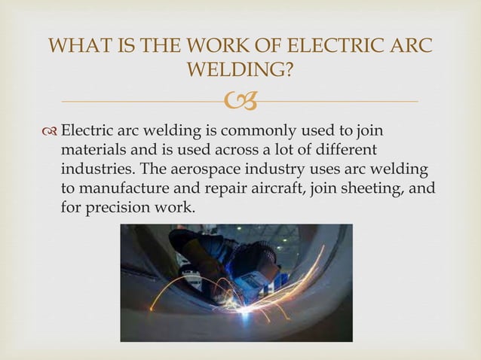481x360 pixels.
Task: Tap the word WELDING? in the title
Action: point(240,71)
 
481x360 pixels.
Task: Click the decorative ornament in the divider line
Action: point(240,100)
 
